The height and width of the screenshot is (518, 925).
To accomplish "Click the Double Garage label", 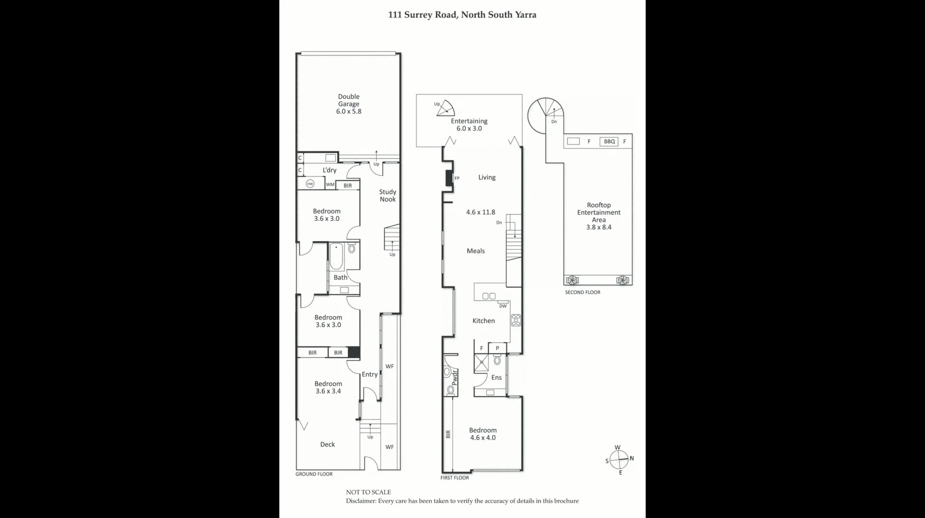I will tap(348, 104).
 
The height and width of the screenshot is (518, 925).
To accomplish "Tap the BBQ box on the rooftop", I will tap(609, 142).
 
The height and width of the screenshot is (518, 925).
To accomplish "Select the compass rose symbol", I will tap(619, 460).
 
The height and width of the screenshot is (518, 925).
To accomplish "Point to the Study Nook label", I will tap(388, 196).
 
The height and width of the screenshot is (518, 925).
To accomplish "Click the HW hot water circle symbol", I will tap(310, 184).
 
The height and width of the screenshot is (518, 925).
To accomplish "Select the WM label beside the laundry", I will tap(330, 185).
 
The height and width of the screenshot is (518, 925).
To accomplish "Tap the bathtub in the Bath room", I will tap(336, 257).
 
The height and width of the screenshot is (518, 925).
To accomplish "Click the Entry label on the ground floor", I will tap(370, 375).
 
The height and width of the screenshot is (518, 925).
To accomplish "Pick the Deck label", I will tap(328, 444).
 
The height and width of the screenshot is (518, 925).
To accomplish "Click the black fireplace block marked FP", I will tap(449, 178).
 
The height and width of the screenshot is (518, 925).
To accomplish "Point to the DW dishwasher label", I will tap(503, 306).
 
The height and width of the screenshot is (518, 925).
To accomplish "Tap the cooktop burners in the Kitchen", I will tap(516, 321).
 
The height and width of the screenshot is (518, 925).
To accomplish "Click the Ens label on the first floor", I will tap(496, 378).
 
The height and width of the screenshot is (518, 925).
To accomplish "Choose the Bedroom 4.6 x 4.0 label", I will tap(483, 434).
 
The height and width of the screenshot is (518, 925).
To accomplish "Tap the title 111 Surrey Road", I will tap(462, 15).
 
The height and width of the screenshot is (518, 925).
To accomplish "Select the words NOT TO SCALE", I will tap(368, 492).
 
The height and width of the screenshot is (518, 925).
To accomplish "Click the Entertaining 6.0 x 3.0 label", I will tap(469, 125).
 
